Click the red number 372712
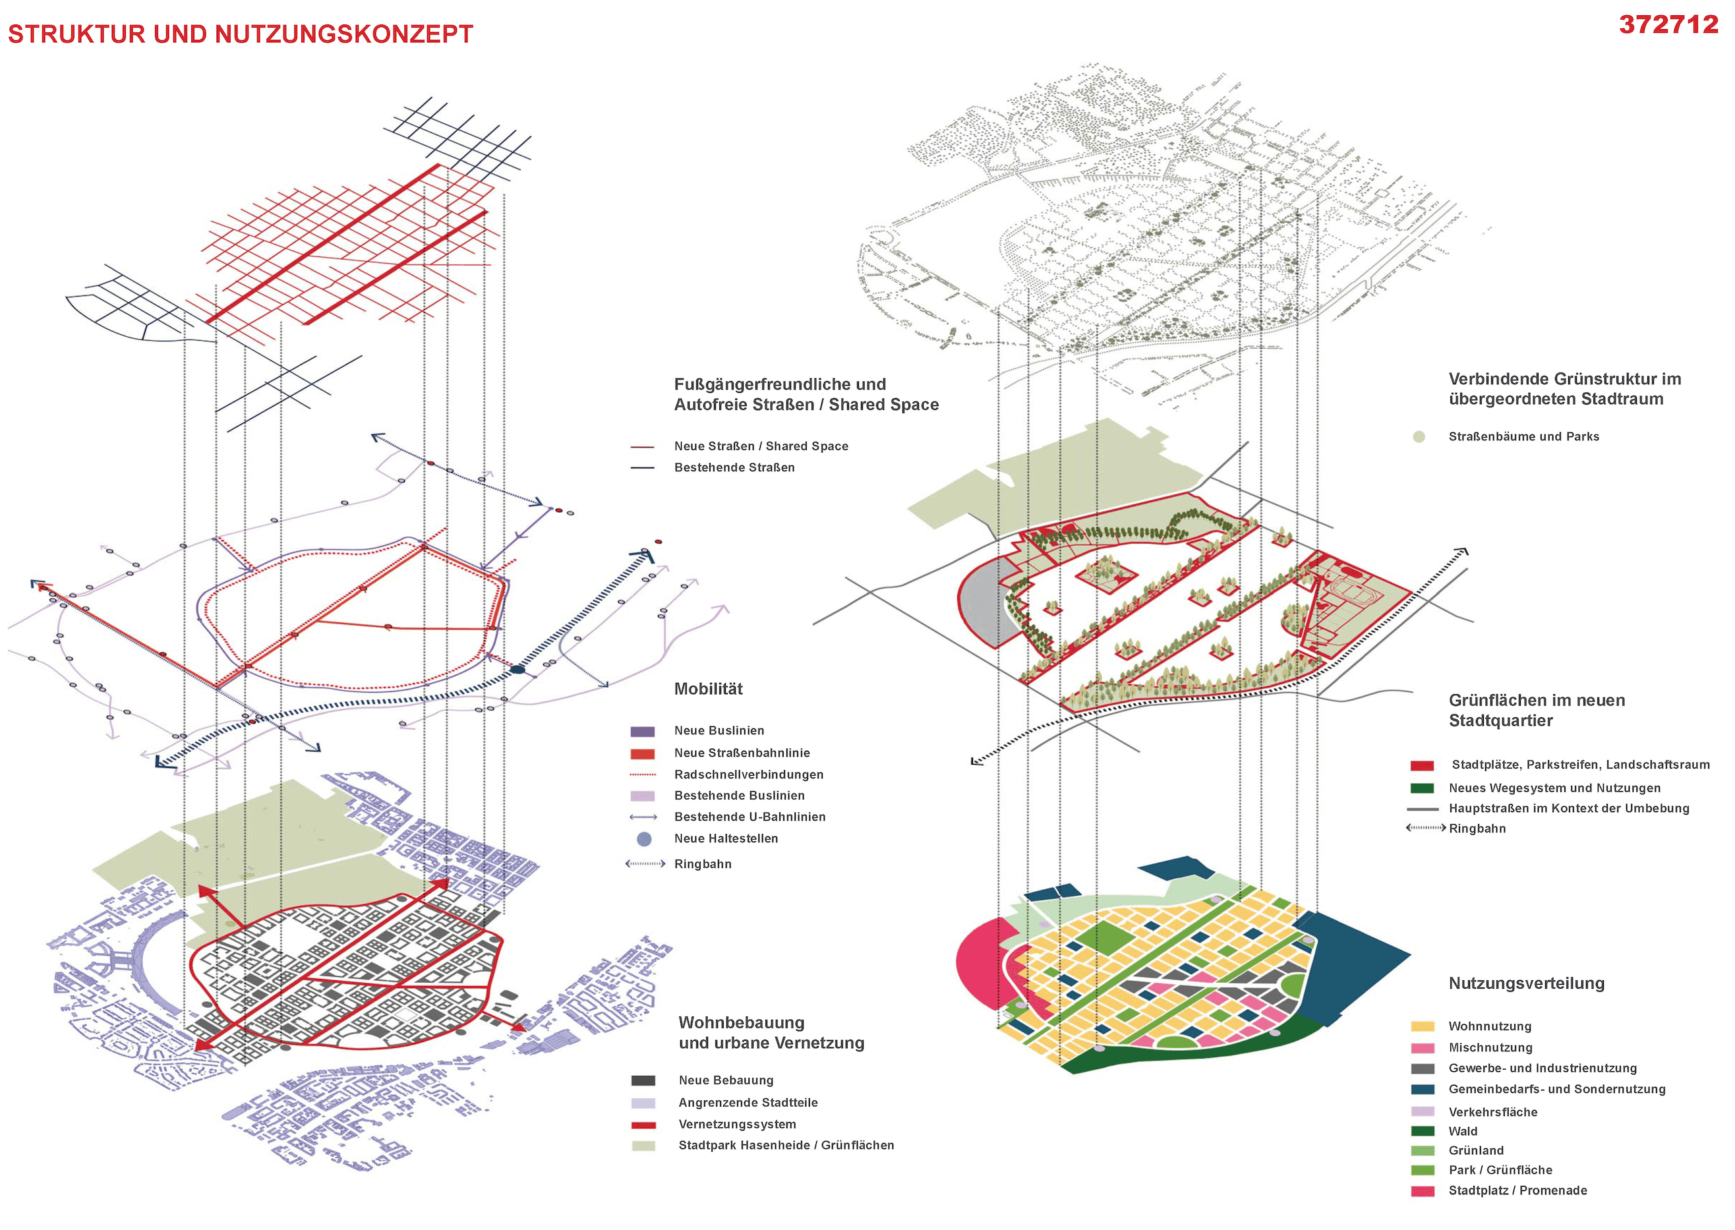1668,25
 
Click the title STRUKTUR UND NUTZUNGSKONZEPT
240,34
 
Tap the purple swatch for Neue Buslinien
642,732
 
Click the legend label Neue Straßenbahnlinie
742,753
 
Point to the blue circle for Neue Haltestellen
644,838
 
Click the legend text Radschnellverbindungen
748,774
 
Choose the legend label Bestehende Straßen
734,467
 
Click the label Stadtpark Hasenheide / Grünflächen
785,1145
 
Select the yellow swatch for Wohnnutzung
1423,1026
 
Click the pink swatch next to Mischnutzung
1423,1047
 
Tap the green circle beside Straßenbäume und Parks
1419,437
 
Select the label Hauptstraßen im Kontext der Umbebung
1568,808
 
